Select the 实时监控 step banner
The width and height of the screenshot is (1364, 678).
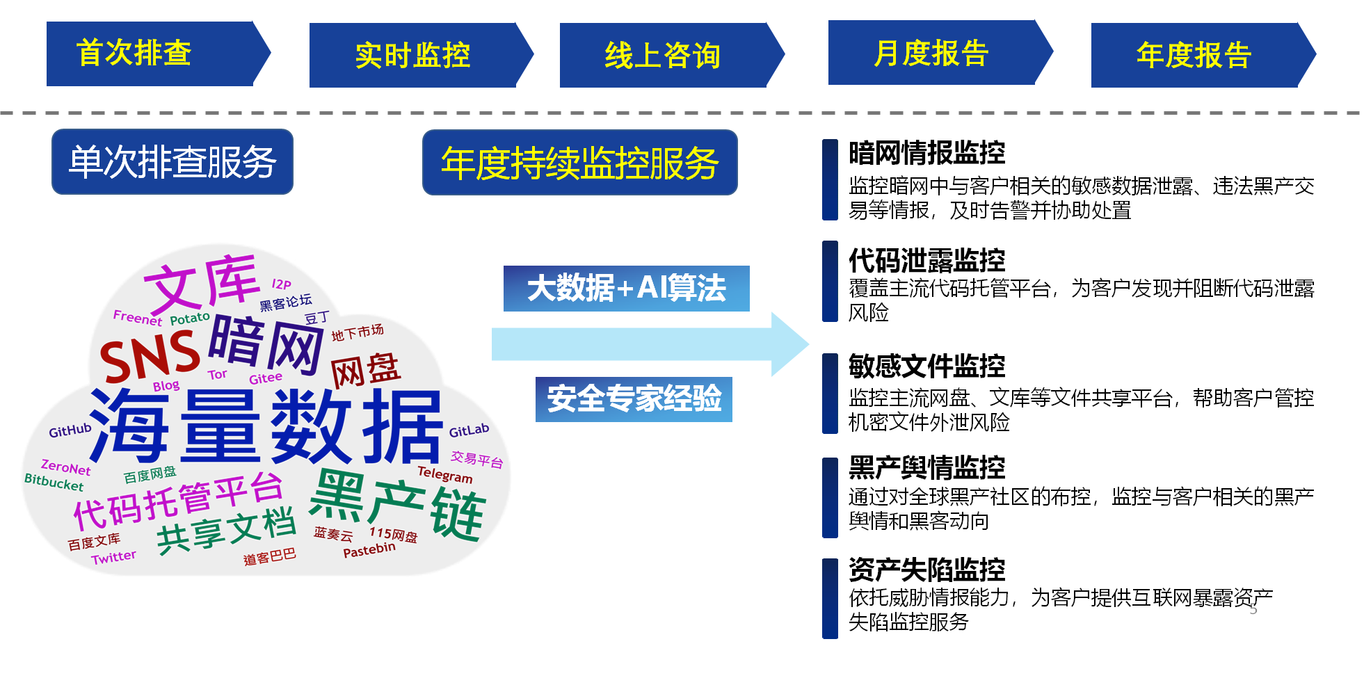[x=417, y=56]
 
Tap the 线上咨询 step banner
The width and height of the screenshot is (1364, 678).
[x=668, y=56]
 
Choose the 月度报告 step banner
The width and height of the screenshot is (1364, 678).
[x=936, y=54]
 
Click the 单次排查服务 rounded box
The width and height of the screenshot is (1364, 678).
[x=172, y=162]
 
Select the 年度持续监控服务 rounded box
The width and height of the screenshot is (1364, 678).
[x=579, y=163]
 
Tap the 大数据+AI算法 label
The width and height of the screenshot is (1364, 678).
[x=626, y=288]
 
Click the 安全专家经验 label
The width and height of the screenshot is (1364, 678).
[x=634, y=399]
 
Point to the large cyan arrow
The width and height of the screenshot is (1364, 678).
[x=647, y=344]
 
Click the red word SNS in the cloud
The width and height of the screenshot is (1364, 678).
[x=150, y=355]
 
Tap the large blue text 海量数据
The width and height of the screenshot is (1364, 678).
[x=268, y=426]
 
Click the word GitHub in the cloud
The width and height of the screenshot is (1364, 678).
[x=70, y=430]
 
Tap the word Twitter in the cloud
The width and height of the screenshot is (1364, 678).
[x=113, y=557]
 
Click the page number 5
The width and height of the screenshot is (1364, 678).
[x=1253, y=609]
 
